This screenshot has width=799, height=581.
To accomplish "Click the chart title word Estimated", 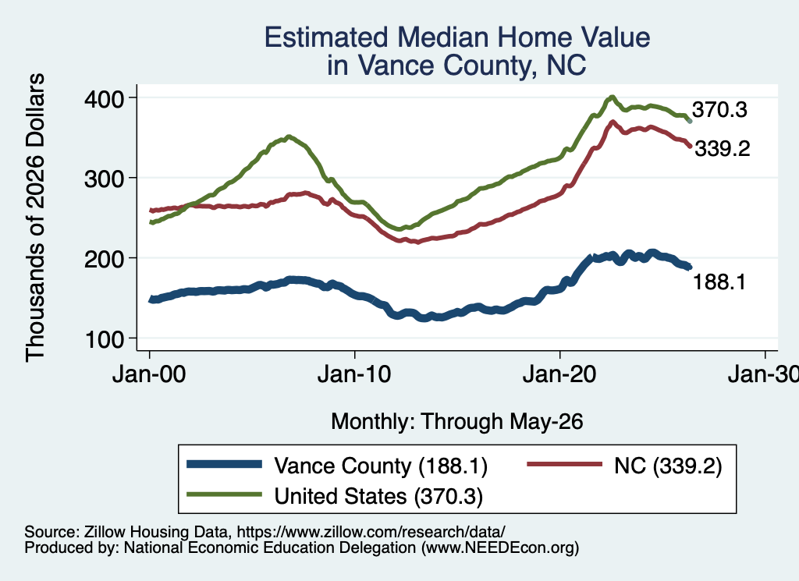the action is pos(327,37).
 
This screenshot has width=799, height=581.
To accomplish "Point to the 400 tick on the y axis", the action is pos(104,98).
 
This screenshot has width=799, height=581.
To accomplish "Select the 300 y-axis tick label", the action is pos(104,179).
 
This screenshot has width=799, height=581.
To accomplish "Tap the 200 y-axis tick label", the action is pos(104,259).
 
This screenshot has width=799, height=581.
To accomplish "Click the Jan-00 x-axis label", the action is pos(149,374).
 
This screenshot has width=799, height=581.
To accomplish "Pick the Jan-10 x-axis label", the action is pos(354,374).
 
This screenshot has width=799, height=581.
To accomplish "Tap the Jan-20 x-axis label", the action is pos(559,374).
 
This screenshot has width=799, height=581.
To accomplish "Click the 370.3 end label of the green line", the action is pos(719,109).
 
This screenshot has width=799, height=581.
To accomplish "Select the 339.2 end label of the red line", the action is pos(723,149).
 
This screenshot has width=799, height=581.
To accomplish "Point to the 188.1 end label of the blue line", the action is pos(719,282).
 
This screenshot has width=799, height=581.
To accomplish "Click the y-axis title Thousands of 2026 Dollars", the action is pos(36,218).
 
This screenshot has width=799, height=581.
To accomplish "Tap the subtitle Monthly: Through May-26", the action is pos(457,422).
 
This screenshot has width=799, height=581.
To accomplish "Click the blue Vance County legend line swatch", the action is pos(224,464).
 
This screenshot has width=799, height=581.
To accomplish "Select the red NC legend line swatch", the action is pos(564,464).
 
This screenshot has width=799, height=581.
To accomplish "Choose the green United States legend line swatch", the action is pos(224,494).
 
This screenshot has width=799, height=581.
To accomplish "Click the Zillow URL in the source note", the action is pos(371,532).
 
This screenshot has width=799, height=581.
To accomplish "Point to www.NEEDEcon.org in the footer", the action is pos(500,548).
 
